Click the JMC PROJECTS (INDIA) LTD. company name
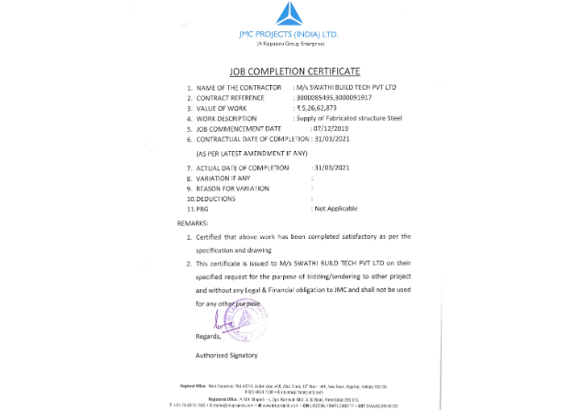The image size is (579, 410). pyautogui.click(x=289, y=35)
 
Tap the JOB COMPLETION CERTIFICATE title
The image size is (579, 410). pyautogui.click(x=289, y=70)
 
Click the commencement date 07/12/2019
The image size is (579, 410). pyautogui.click(x=313, y=129)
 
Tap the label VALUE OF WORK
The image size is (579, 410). pyautogui.click(x=224, y=108)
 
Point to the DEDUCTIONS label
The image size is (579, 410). pyautogui.click(x=211, y=199)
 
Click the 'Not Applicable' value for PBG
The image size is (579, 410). pyautogui.click(x=335, y=209)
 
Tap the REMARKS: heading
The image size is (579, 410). pyautogui.click(x=192, y=222)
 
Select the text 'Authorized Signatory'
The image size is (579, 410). pyautogui.click(x=226, y=354)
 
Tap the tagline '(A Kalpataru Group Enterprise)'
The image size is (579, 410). pyautogui.click(x=289, y=44)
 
